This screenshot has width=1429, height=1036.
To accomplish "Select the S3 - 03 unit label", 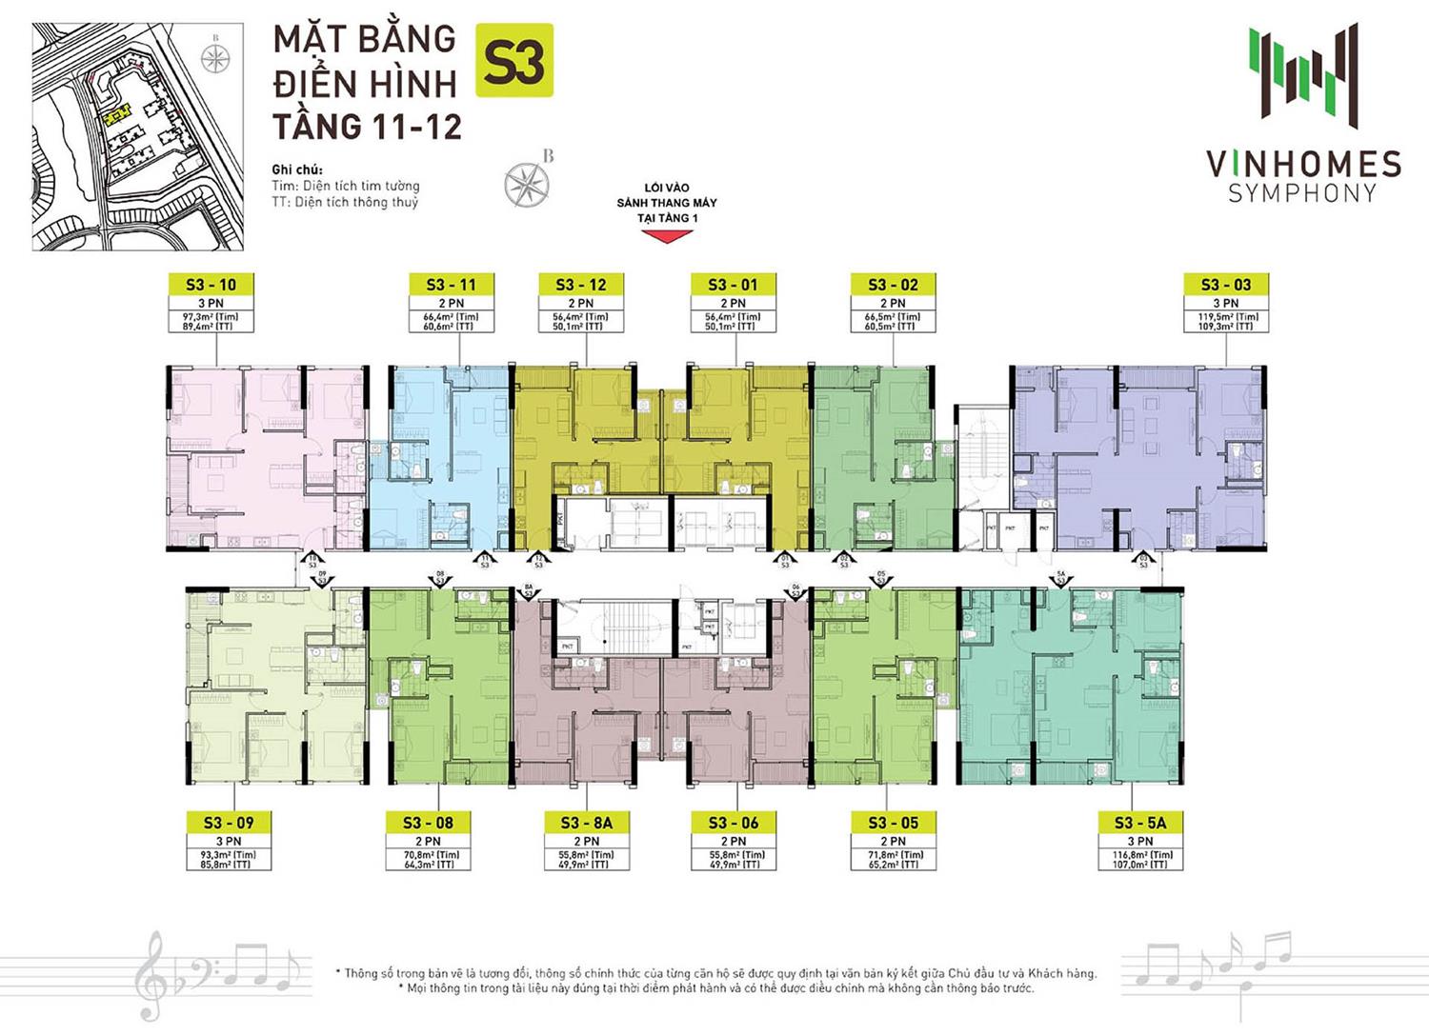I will coord(1224,284).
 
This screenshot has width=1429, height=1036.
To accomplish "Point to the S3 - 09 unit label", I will coord(228,823).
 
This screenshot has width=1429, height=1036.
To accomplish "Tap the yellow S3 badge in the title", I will coord(513,61).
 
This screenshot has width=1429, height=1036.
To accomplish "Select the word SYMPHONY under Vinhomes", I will coord(1302,193).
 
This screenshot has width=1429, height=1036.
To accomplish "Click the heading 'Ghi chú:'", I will coord(297,169).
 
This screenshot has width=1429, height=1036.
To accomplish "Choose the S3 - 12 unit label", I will coord(583,284).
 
